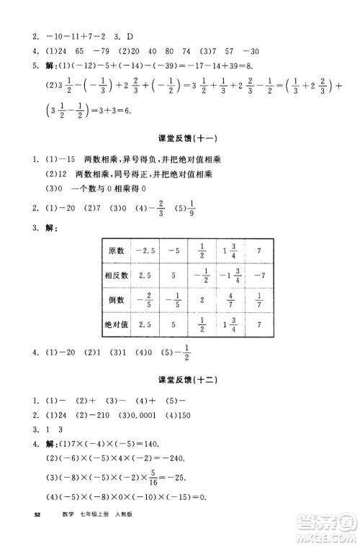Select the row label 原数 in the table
click(116, 251)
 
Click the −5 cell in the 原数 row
click(173, 251)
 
